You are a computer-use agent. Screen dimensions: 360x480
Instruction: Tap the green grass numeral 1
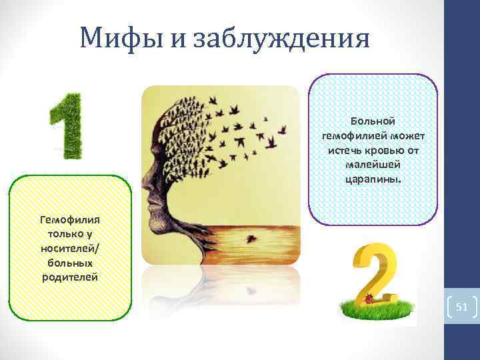point(66,126)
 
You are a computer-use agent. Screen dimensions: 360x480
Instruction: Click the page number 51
point(462,307)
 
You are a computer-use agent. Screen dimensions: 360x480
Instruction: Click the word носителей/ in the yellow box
point(69,247)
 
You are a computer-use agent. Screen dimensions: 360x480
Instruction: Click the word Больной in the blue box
point(373,121)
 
